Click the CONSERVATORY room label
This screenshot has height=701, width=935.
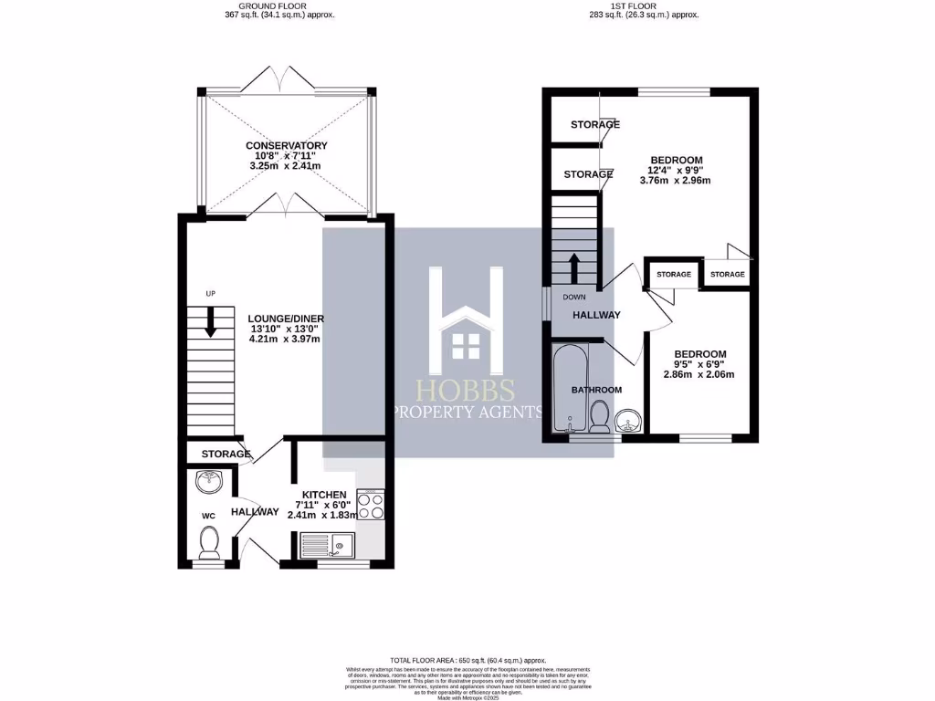286,146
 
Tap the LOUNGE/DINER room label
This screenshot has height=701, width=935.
286,319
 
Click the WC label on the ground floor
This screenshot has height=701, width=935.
207,516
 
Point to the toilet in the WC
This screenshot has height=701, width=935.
209,542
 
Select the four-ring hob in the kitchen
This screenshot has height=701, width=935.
370,505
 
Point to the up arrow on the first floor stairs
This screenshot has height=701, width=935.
574,267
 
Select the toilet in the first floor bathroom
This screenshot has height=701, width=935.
600,419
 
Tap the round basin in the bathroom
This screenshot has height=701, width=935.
627,420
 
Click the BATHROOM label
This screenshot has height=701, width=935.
596,390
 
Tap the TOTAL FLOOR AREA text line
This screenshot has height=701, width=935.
467,660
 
